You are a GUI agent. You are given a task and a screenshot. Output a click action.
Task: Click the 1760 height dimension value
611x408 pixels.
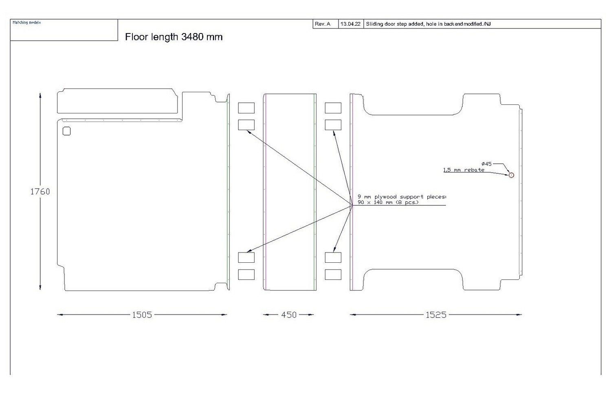click(x=40, y=191)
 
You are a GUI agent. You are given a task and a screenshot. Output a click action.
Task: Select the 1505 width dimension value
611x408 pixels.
click(x=142, y=315)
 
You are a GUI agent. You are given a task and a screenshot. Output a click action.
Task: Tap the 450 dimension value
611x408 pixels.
click(x=289, y=315)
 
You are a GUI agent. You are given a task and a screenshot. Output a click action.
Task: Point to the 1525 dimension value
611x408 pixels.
click(x=436, y=315)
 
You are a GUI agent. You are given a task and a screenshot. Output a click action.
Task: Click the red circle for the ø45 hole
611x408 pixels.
click(x=511, y=175)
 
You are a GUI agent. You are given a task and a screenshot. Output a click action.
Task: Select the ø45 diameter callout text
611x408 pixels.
click(x=486, y=164)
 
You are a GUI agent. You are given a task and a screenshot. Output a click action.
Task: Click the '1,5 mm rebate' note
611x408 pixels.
click(x=464, y=170)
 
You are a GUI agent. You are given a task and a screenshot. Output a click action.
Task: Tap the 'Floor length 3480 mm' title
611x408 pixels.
click(x=174, y=37)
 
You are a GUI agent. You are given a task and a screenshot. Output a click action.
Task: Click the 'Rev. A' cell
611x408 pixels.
click(x=323, y=24)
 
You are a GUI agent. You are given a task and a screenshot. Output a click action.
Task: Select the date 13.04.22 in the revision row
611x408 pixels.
click(x=350, y=24)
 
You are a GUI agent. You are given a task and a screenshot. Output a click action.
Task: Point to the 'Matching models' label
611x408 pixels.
click(x=26, y=22)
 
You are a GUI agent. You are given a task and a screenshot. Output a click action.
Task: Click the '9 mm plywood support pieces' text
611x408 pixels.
click(x=402, y=197)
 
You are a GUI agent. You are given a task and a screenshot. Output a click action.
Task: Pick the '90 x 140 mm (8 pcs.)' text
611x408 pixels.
click(x=388, y=202)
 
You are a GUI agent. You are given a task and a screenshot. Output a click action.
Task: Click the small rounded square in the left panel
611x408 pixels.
click(x=67, y=131)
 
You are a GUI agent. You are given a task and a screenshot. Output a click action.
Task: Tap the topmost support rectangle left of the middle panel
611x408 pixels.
click(x=246, y=108)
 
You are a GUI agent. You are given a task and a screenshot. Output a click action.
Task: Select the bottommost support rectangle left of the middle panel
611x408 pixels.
click(x=246, y=275)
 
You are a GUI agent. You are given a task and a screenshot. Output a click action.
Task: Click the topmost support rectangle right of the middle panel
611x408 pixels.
click(x=333, y=108)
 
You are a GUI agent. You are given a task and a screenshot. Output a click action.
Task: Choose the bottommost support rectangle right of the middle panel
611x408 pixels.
click(x=333, y=275)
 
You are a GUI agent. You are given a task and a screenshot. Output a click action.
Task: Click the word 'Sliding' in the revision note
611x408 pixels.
click(x=374, y=24)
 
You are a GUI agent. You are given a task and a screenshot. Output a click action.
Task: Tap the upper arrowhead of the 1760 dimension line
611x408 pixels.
click(x=40, y=95)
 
